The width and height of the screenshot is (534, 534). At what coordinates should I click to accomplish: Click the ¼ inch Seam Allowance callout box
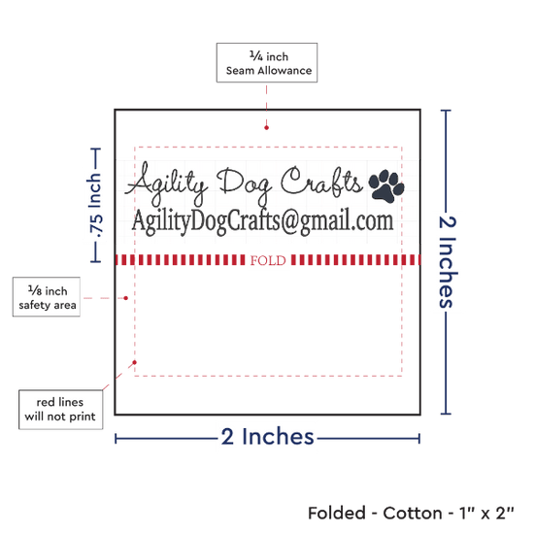click(267, 63)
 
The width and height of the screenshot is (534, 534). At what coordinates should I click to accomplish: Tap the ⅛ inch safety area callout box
click(47, 297)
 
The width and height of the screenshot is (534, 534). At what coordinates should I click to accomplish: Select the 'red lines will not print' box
click(60, 410)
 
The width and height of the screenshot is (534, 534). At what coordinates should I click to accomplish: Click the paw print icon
click(386, 186)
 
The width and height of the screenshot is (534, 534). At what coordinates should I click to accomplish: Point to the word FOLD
click(268, 260)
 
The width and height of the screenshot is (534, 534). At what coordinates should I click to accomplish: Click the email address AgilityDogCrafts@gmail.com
click(262, 221)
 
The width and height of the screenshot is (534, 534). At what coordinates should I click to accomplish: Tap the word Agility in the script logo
click(166, 184)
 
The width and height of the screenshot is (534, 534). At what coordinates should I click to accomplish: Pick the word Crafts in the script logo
click(321, 183)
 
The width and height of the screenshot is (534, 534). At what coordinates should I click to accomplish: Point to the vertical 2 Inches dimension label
click(447, 262)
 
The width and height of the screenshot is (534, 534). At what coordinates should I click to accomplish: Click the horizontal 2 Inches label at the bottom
click(267, 437)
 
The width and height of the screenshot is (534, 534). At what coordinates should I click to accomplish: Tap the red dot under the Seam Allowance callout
click(266, 128)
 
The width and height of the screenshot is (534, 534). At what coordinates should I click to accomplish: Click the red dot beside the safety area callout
click(125, 298)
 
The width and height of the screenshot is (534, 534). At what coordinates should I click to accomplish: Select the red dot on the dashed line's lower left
click(135, 362)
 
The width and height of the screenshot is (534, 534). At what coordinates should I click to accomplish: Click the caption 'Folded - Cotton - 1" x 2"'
click(411, 514)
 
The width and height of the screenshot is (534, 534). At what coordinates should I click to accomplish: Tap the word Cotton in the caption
click(413, 514)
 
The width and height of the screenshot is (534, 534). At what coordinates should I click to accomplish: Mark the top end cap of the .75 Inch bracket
click(95, 149)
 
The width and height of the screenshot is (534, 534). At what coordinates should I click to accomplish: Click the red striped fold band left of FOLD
click(181, 260)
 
